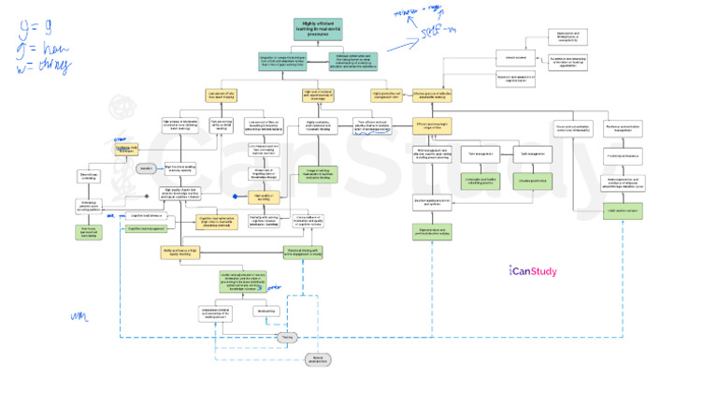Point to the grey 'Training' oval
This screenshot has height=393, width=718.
pos(289,336)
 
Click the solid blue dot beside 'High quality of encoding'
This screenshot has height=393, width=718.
pos(237,196)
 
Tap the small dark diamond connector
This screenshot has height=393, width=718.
pos(146,196)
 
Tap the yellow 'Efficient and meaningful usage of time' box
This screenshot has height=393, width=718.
pos(432,126)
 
